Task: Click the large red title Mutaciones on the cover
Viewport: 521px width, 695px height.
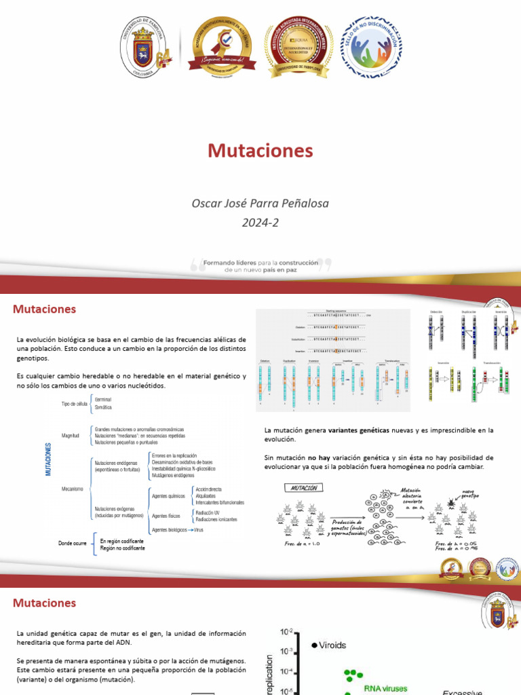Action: (x=260, y=150)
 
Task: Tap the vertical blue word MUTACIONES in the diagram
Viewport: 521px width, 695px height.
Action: (x=48, y=459)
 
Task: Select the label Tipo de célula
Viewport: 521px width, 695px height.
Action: (x=75, y=403)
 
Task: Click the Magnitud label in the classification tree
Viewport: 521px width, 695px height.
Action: (x=71, y=435)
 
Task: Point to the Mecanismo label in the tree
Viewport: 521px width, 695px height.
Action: (x=72, y=488)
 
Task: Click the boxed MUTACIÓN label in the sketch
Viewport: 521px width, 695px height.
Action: (x=303, y=487)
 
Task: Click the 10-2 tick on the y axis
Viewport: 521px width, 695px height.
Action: (x=285, y=633)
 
